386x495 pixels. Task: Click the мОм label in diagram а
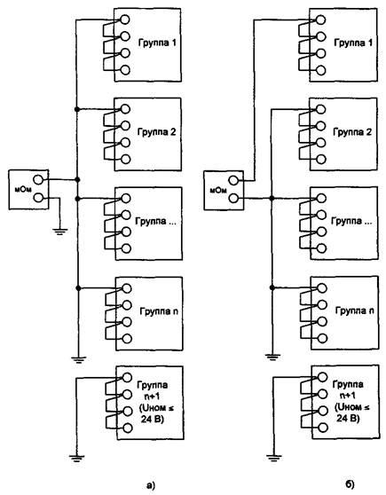(23, 190)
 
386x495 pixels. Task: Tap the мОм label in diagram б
(218, 190)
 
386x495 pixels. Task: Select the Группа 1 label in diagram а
(157, 43)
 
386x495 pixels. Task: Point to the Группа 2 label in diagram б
(352, 132)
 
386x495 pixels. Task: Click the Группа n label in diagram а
(159, 311)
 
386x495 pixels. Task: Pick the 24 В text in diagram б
(348, 419)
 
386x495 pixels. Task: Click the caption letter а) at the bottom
(152, 484)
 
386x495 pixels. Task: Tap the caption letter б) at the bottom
(350, 484)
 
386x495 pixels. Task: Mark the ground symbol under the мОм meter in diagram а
(60, 232)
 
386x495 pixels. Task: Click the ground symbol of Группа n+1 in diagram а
(76, 459)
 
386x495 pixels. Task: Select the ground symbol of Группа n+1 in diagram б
(274, 458)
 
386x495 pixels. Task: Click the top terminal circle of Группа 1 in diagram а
(124, 20)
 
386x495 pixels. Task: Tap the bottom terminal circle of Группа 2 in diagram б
(321, 159)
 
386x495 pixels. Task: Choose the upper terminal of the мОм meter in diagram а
(38, 180)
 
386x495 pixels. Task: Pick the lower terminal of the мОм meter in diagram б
(233, 198)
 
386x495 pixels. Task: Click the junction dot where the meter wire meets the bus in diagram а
(77, 179)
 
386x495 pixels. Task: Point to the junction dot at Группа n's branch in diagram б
(272, 287)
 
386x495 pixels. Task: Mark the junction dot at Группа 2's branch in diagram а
(76, 109)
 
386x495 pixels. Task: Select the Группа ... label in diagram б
(351, 221)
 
